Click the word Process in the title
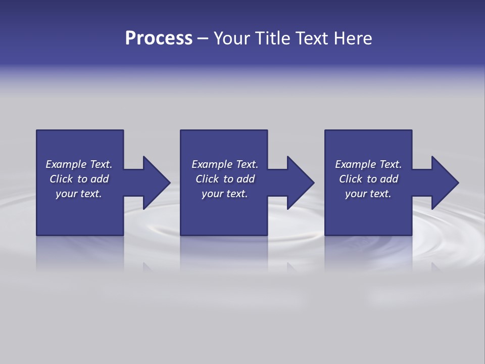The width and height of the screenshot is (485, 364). (159, 38)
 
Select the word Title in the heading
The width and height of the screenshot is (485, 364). (273, 38)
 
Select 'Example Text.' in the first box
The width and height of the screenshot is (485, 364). (79, 164)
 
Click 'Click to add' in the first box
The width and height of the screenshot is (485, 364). (79, 179)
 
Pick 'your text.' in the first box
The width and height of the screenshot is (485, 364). (79, 194)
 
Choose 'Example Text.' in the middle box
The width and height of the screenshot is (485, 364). (225, 164)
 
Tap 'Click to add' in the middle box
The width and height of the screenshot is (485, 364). (225, 179)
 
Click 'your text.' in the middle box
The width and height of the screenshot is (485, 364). (225, 194)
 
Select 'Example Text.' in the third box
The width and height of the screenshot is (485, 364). (368, 164)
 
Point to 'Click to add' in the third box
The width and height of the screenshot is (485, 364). (368, 179)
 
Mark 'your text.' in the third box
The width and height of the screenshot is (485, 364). (368, 194)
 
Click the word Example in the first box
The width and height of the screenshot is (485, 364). (66, 164)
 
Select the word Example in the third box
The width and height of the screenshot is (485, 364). (355, 164)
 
